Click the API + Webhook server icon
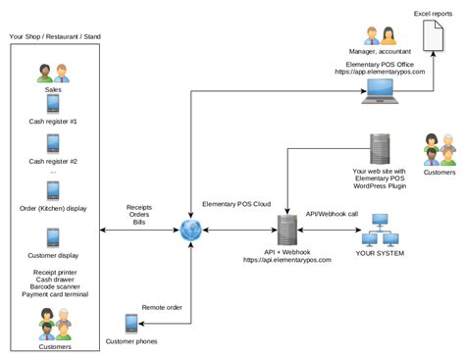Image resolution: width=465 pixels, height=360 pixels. (x=287, y=231)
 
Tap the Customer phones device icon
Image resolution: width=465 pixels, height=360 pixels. (x=131, y=323)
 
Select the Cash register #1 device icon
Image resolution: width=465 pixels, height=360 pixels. (x=54, y=104)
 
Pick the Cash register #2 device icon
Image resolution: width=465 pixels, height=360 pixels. (x=54, y=145)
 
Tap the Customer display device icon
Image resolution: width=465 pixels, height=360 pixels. (x=54, y=238)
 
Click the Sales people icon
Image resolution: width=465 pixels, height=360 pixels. (x=54, y=73)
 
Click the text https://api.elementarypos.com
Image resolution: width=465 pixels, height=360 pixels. (x=287, y=260)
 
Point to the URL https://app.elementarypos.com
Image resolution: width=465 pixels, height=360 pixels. (x=380, y=73)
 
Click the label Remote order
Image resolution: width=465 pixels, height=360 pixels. (x=162, y=307)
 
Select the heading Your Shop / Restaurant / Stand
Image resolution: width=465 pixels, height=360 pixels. (x=54, y=36)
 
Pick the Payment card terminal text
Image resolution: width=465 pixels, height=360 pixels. (x=54, y=291)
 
